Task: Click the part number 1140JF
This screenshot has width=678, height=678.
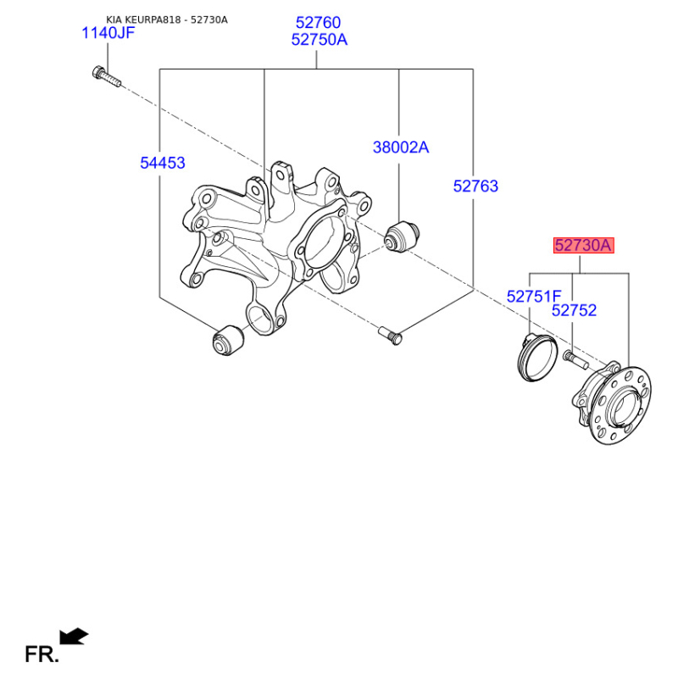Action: [108, 33]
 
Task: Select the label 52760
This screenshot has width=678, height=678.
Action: [317, 23]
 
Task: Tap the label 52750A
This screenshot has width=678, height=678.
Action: [320, 40]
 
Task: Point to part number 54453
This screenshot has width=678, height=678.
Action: [162, 163]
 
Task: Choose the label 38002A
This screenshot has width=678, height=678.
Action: [401, 147]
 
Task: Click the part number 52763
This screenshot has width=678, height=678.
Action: [475, 186]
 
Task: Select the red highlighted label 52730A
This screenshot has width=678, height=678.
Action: [582, 246]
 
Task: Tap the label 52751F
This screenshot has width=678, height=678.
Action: [534, 296]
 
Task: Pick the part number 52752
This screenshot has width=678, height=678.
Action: [574, 310]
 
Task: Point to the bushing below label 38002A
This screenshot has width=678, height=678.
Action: [403, 235]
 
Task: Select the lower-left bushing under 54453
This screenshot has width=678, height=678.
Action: [226, 341]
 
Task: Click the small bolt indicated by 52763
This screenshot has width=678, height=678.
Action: [390, 334]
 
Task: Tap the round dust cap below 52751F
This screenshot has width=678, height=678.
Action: [535, 358]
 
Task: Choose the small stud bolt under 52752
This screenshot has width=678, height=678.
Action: [575, 360]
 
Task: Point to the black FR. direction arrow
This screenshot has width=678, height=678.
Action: [74, 636]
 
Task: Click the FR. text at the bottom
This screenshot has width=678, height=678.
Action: [42, 654]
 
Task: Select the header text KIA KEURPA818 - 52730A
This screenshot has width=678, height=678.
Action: [167, 19]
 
